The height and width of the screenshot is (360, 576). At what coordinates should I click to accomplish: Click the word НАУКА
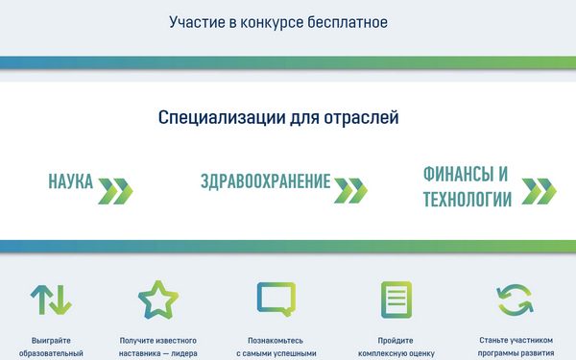[70, 182]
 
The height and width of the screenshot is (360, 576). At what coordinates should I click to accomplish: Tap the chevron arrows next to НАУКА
[115, 189]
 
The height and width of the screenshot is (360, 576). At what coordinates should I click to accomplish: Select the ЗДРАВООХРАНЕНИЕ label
[265, 182]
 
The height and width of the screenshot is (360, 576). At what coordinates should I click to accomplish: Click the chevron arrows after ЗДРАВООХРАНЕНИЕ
[349, 189]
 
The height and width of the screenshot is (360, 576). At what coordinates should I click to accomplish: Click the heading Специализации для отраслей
[278, 118]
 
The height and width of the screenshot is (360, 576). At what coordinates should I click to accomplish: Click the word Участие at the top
[195, 21]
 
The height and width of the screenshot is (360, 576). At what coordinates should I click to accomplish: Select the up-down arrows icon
[50, 300]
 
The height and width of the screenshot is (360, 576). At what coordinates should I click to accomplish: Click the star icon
[158, 300]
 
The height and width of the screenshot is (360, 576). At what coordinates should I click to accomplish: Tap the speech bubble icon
[276, 300]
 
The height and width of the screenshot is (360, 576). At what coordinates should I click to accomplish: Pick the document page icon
[396, 300]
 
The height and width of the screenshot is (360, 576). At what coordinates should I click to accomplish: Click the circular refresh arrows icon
[516, 300]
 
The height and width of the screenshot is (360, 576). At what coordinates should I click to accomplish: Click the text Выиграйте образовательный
[50, 347]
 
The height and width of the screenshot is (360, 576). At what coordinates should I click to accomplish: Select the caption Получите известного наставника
[158, 347]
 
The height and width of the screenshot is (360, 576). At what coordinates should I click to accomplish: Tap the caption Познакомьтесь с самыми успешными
[276, 347]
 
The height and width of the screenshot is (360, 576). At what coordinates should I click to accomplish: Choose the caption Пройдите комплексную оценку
[396, 347]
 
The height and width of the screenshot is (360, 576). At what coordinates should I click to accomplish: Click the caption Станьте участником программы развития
[516, 346]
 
